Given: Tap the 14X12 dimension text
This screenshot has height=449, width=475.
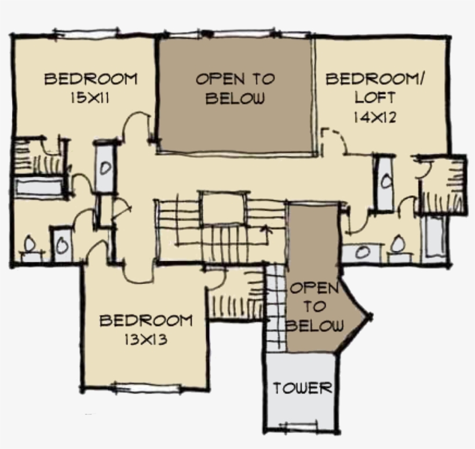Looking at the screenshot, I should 374,117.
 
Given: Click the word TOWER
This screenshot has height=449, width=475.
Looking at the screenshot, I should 302,388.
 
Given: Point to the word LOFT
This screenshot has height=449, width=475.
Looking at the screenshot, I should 374,98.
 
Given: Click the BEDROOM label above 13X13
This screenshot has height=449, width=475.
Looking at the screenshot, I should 145,320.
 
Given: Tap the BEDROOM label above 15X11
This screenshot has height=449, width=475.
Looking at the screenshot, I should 91,79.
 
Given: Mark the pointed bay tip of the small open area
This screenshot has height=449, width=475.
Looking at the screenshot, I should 368,316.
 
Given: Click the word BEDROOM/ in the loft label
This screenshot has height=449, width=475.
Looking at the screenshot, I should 375,79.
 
